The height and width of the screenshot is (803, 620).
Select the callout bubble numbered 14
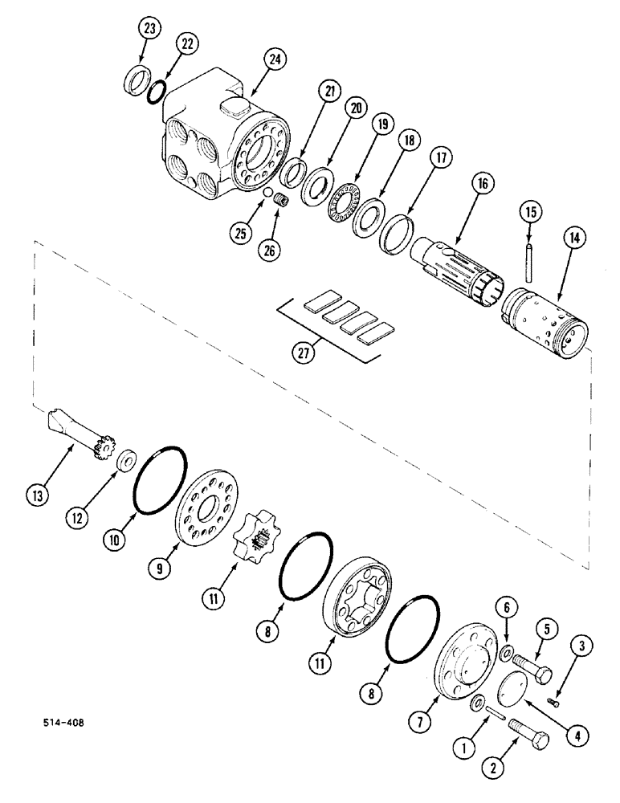click(x=577, y=238)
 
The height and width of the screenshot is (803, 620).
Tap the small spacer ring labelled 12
click(x=125, y=463)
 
